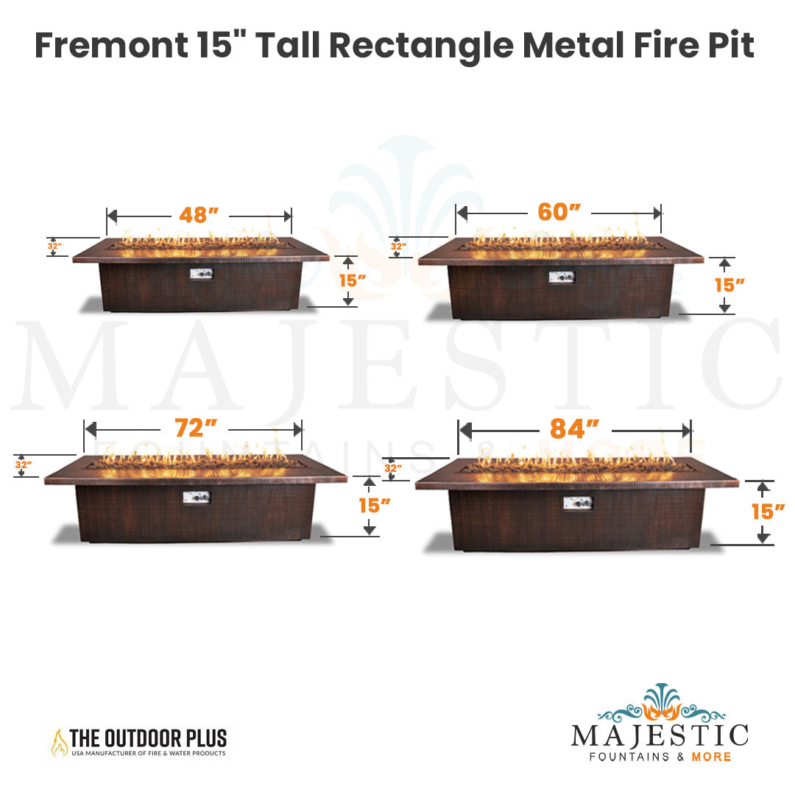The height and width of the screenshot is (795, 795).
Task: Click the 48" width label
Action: [x=199, y=215]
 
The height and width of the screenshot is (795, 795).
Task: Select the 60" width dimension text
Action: [x=559, y=212]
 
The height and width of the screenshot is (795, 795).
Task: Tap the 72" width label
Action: [x=196, y=428]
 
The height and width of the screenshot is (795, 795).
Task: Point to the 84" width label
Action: [x=574, y=429]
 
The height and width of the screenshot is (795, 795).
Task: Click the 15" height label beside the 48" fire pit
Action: [x=353, y=280]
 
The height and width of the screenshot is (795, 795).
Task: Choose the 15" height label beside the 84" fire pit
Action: [x=768, y=512]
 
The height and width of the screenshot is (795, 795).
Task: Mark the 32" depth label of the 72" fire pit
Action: [x=24, y=464]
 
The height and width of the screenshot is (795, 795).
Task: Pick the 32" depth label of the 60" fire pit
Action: [x=398, y=247]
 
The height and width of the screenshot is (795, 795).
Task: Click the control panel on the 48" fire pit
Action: [x=201, y=274]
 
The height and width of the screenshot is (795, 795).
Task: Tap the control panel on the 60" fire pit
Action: [x=562, y=277]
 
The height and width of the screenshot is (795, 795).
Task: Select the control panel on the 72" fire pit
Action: [x=197, y=498]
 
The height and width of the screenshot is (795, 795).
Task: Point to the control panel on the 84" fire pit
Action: [x=578, y=503]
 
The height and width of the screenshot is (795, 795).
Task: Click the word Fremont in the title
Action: [x=112, y=46]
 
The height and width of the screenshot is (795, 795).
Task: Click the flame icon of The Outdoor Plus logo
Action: [x=60, y=743]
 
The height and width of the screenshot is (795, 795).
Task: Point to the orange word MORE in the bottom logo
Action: [x=711, y=757]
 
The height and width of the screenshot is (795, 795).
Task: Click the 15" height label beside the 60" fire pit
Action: [x=729, y=285]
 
